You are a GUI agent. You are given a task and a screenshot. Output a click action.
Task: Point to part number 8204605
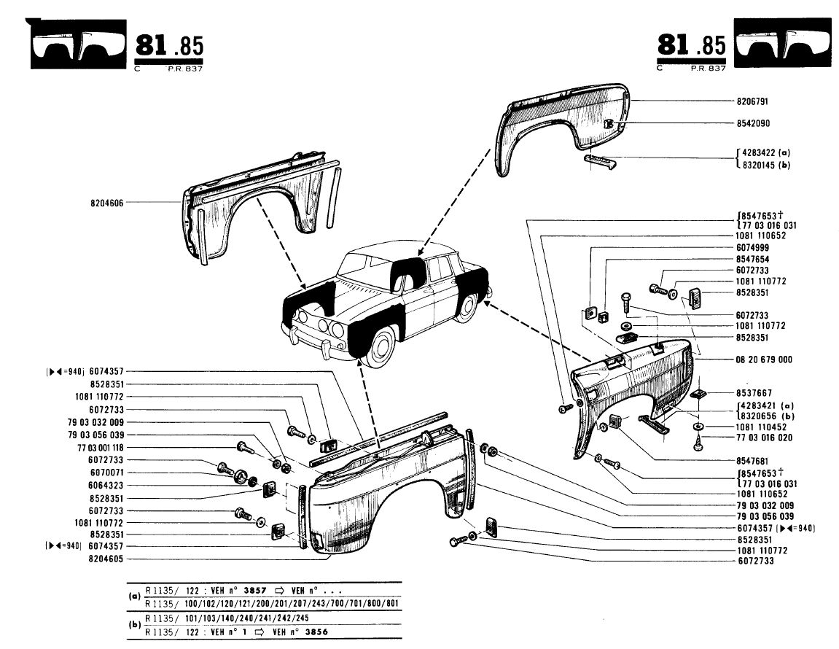coord(106,559)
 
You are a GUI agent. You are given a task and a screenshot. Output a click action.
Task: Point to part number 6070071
coord(106,473)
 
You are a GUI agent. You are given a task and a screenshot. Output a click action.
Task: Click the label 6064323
coord(106,485)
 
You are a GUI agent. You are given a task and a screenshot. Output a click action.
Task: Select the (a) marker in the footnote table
coord(134,596)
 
